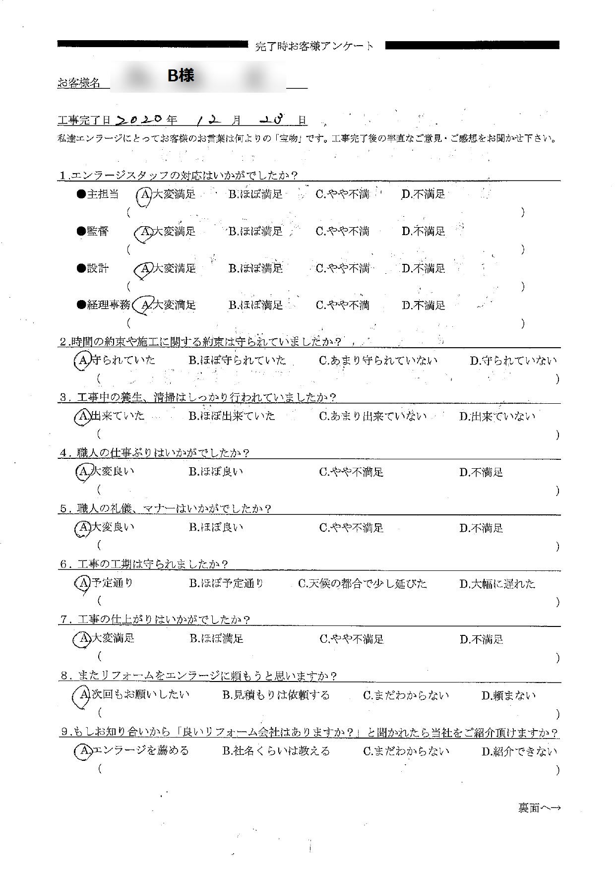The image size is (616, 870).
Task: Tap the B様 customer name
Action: tap(181, 75)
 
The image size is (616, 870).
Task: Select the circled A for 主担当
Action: tap(144, 194)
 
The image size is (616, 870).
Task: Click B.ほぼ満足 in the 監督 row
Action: tap(255, 231)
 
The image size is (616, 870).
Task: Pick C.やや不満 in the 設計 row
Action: tap(343, 268)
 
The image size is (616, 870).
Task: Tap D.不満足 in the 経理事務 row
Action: tap(424, 305)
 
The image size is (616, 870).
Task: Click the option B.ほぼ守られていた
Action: tap(237, 361)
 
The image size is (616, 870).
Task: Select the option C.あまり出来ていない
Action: tap(372, 416)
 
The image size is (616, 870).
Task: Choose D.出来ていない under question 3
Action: tap(497, 416)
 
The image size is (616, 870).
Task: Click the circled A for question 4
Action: tap(82, 472)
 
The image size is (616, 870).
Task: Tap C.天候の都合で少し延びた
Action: tap(362, 583)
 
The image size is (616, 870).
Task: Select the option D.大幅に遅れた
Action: tap(497, 584)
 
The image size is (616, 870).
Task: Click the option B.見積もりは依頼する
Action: tap(276, 695)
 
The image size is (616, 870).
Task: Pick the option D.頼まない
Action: tap(508, 695)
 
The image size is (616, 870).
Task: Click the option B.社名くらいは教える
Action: tap(276, 751)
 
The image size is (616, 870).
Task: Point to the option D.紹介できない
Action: tap(519, 751)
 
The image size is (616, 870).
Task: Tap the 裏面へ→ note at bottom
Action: tap(539, 808)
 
